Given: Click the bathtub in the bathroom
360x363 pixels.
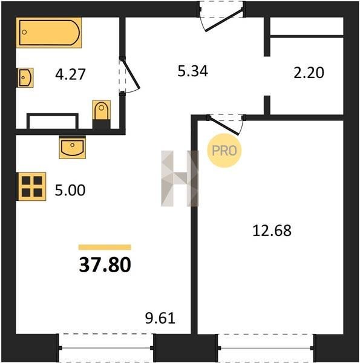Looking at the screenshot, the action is click(48, 33).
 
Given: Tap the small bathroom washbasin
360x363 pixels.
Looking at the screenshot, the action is click(25, 77).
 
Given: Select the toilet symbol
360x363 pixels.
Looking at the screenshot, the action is click(102, 110).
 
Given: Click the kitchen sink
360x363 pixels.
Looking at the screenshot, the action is click(72, 147).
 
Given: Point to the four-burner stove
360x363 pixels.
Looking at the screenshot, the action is click(32, 186).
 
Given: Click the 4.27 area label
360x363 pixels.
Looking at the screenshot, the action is click(70, 74).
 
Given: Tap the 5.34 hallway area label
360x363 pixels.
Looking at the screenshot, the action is click(192, 71).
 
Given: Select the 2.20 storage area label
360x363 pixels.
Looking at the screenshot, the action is click(309, 73).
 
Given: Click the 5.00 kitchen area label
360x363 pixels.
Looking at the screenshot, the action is click(70, 191).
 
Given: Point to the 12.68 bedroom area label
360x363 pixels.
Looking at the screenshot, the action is click(272, 231).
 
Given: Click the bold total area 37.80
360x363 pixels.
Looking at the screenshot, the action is click(105, 265).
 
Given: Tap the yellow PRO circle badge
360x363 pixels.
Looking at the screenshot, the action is click(224, 151).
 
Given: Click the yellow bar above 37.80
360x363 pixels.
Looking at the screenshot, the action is click(105, 247).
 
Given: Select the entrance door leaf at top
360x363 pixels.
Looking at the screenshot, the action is click(224, 20).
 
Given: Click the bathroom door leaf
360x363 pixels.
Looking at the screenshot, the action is click(131, 74).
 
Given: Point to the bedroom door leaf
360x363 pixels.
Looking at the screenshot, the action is click(224, 125).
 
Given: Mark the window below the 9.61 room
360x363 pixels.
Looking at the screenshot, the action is click(106, 348).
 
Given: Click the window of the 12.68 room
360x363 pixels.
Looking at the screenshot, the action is click(266, 348).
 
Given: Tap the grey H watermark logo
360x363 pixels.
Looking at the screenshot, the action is click(180, 178).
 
